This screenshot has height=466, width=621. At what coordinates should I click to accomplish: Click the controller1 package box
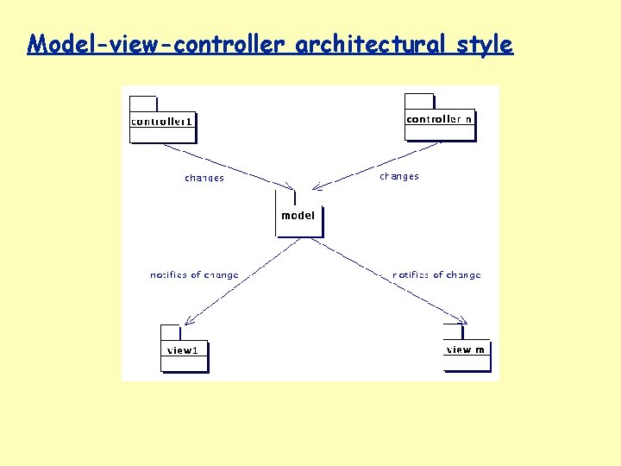tap(163, 128)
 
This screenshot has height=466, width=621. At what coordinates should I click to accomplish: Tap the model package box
tap(298, 220)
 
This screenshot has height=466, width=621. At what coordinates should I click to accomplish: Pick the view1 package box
tap(185, 355)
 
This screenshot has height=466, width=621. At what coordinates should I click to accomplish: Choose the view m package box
tap(467, 354)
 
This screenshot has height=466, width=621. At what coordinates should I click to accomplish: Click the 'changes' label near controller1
tap(204, 179)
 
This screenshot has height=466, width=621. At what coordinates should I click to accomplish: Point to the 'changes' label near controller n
tap(399, 176)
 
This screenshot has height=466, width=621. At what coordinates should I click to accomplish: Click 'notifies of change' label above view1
tap(194, 275)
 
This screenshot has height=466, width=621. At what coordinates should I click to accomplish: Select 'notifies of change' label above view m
tap(436, 275)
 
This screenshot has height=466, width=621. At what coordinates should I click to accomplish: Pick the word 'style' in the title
tap(485, 44)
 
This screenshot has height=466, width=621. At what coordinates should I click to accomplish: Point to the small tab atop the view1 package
tap(170, 332)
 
